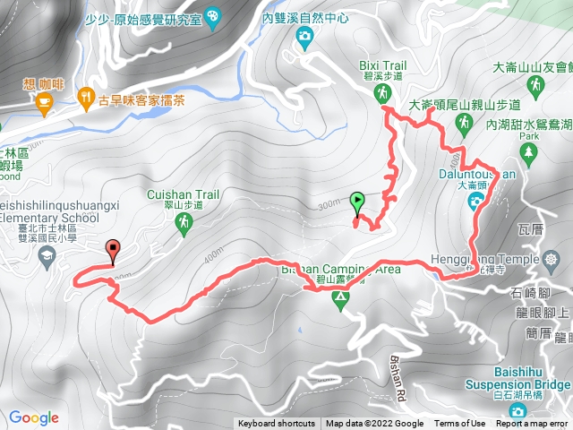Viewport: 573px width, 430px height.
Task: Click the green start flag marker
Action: pyautogui.click(x=358, y=202)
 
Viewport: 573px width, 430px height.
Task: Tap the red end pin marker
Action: pyautogui.click(x=113, y=250)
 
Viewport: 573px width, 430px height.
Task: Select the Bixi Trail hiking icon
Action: pyautogui.click(x=383, y=92)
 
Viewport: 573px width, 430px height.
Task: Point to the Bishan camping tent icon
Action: pyautogui.click(x=339, y=300)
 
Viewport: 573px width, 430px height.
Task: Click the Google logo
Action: pyautogui.click(x=33, y=417)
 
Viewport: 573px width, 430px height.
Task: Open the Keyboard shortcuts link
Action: pyautogui.click(x=277, y=424)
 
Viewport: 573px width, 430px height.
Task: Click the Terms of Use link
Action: pyautogui.click(x=459, y=424)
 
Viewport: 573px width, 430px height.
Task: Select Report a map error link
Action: pyautogui.click(x=534, y=424)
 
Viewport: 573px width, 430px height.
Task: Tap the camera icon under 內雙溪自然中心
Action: pyautogui.click(x=304, y=37)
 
